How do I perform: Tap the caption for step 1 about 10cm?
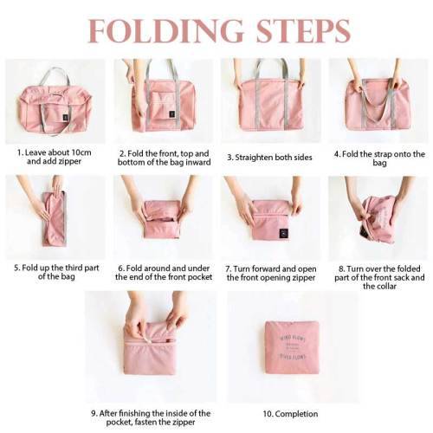coord(54,157)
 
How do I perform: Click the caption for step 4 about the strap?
coord(379,158)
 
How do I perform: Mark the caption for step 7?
coord(270,273)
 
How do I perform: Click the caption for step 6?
coord(162,273)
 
